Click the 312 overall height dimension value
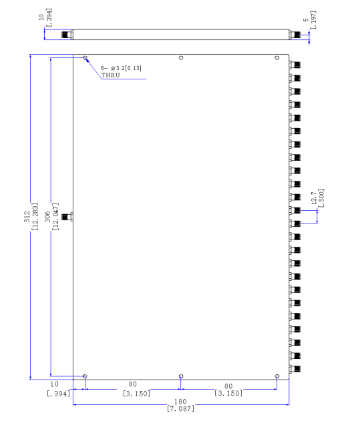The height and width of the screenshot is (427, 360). [x=27, y=217]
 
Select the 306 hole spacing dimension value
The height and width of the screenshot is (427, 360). [x=47, y=217]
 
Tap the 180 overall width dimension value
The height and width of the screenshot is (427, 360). [x=180, y=402]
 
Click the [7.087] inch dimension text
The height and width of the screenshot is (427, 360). [x=181, y=408]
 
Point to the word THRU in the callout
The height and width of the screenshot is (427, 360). [x=110, y=75]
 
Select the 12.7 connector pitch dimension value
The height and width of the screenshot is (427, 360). [x=314, y=197]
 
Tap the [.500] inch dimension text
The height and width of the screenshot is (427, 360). [x=321, y=198]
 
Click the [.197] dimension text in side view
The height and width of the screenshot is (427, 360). [x=313, y=19]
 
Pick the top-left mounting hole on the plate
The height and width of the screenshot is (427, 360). [x=85, y=58]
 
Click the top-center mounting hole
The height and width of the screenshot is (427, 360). [x=181, y=58]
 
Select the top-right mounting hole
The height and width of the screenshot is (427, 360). [x=277, y=58]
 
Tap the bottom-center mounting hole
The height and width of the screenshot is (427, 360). [x=181, y=376]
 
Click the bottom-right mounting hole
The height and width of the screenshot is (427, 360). [x=277, y=376]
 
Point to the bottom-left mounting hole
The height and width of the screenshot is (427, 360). [x=85, y=376]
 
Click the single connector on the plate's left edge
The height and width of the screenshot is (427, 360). [x=67, y=217]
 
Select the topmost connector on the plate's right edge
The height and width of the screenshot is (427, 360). [x=295, y=65]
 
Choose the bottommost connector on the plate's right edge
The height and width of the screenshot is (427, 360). [x=295, y=369]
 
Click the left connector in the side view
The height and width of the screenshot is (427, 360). [x=67, y=35]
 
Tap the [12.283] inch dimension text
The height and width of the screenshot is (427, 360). [x=35, y=217]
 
